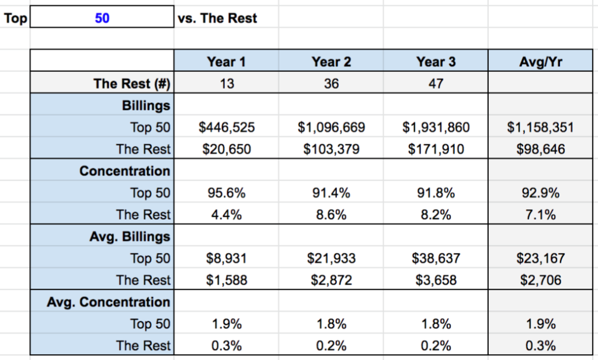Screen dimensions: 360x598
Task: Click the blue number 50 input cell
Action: [102, 18]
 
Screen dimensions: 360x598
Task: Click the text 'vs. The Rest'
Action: [217, 18]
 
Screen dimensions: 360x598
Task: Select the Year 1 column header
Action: [227, 62]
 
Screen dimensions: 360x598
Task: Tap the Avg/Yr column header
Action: [541, 62]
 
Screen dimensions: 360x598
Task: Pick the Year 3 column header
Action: [436, 62]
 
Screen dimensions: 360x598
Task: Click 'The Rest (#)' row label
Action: [131, 84]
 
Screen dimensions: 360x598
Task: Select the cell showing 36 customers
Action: [331, 84]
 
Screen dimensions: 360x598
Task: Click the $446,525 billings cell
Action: [227, 127]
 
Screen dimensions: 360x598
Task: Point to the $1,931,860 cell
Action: [436, 127]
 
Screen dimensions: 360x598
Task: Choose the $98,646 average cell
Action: [541, 149]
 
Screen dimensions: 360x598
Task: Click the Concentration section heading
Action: [125, 171]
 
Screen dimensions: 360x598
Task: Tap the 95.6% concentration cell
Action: [227, 193]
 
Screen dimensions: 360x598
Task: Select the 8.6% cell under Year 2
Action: [331, 214]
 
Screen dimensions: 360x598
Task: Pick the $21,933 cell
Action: [331, 258]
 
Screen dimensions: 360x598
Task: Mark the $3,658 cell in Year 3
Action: [436, 280]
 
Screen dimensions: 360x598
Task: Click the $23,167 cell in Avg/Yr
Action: [541, 258]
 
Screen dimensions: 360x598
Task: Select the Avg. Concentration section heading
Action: [109, 302]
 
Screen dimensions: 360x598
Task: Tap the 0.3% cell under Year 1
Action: [227, 345]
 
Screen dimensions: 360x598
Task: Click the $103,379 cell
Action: [331, 149]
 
